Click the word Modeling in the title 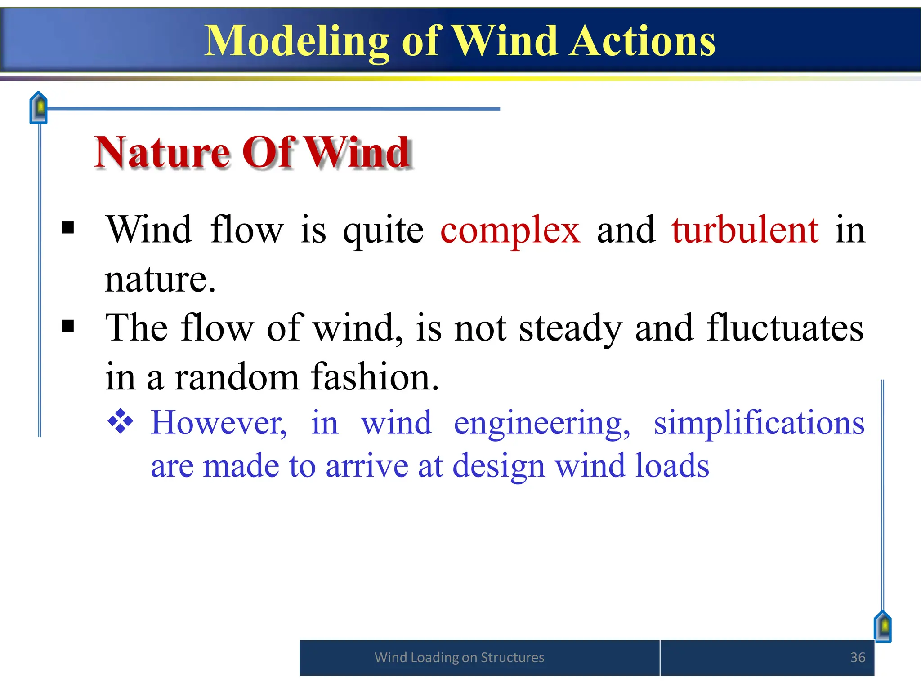pyautogui.click(x=296, y=41)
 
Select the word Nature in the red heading pyautogui.click(x=162, y=153)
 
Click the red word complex pyautogui.click(x=510, y=230)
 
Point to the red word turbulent pyautogui.click(x=745, y=230)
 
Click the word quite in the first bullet pyautogui.click(x=383, y=230)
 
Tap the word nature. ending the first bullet pyautogui.click(x=160, y=279)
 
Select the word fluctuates pyautogui.click(x=785, y=328)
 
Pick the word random pyautogui.click(x=237, y=376)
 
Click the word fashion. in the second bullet pyautogui.click(x=375, y=376)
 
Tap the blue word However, pyautogui.click(x=219, y=423)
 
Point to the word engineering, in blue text pyautogui.click(x=542, y=423)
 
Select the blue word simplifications pyautogui.click(x=759, y=423)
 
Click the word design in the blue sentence pyautogui.click(x=498, y=466)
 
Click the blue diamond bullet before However pyautogui.click(x=121, y=421)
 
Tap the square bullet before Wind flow pyautogui.click(x=67, y=228)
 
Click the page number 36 pyautogui.click(x=858, y=657)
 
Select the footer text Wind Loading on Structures pyautogui.click(x=459, y=657)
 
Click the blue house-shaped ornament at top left pyautogui.click(x=39, y=108)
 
